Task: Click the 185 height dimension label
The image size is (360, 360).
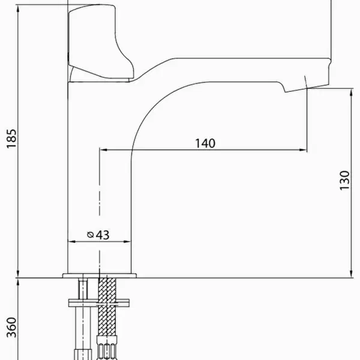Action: tap(11, 139)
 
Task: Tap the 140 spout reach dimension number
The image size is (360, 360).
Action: tap(205, 143)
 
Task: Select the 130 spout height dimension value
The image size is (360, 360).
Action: tap(344, 180)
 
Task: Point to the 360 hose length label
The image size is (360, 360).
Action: tap(11, 328)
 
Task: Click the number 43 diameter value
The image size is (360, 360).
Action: tap(103, 235)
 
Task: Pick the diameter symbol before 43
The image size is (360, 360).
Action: tap(91, 235)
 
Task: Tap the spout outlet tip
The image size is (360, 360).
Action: tap(307, 88)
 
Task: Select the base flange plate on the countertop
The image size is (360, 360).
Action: tap(100, 275)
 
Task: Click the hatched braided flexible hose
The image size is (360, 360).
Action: tap(107, 307)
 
